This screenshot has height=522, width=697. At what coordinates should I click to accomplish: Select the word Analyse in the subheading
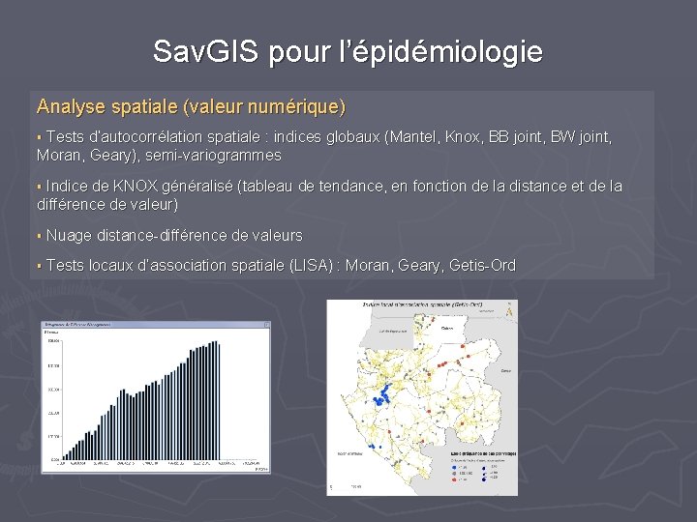[73, 104]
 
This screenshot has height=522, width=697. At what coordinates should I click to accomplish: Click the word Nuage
[70, 235]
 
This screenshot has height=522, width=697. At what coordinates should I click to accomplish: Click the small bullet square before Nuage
[40, 236]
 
